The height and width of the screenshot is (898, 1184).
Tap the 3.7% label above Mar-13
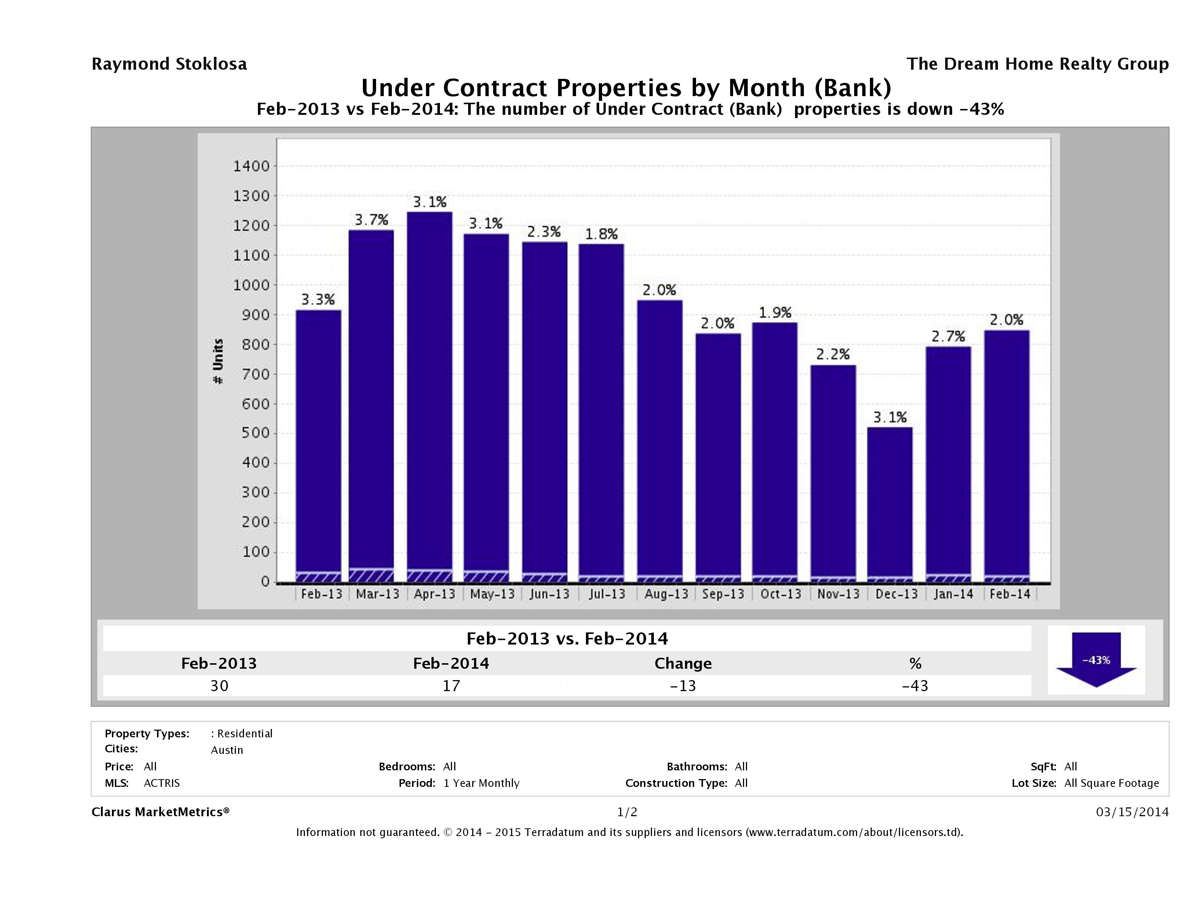point(371,220)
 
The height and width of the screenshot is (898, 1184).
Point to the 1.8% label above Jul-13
point(601,234)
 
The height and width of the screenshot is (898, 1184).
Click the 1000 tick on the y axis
point(251,285)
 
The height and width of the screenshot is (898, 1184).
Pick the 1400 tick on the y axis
point(251,167)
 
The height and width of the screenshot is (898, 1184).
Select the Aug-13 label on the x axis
point(666,594)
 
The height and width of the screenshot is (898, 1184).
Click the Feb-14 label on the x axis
point(1009,594)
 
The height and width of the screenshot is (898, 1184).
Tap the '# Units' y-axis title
point(218,361)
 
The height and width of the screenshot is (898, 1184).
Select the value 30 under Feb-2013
point(219,686)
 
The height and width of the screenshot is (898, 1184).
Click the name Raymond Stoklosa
point(169,64)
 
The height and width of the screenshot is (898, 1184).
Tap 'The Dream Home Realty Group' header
point(1037,64)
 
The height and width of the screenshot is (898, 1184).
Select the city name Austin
point(227,750)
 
